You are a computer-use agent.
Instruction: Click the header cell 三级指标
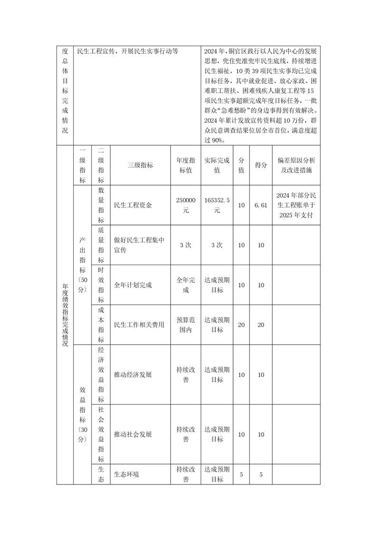click(140, 165)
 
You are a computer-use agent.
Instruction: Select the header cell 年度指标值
click(186, 165)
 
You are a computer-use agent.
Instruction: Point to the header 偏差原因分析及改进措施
click(296, 165)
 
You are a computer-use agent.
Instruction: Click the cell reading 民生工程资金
click(134, 205)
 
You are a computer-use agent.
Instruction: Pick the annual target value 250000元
click(186, 205)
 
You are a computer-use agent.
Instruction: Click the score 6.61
click(261, 205)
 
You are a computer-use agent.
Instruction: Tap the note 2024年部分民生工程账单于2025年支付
click(296, 205)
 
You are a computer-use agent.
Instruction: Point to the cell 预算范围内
click(186, 325)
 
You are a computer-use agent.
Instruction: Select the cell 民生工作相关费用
click(139, 325)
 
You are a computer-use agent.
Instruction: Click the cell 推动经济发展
click(133, 375)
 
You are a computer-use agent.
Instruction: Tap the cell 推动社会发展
click(133, 435)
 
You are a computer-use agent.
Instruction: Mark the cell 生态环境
click(127, 474)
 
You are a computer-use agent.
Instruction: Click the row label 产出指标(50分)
click(83, 265)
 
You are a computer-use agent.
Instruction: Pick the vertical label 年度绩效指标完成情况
click(65, 315)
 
